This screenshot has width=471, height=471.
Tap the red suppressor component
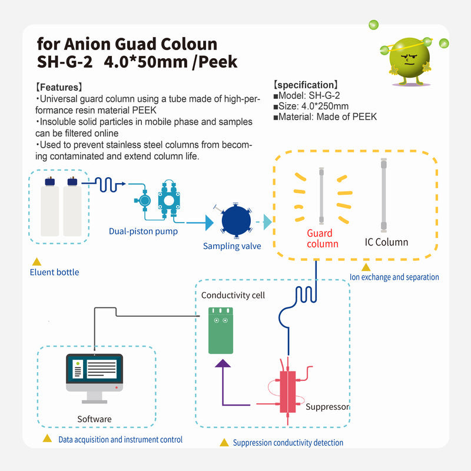[288, 392]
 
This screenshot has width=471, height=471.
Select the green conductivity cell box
[221, 330]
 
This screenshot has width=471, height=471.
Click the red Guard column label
[323, 238]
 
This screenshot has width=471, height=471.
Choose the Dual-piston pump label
[143, 231]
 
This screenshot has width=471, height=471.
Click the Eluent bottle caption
[54, 272]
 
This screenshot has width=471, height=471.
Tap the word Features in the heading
[63, 87]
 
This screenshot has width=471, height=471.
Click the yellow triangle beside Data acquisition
[47, 439]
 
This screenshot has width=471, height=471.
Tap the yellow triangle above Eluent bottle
[37, 261]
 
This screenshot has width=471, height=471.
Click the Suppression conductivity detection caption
[288, 443]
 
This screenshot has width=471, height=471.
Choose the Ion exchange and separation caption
[394, 277]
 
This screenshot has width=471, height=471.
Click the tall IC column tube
[384, 194]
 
